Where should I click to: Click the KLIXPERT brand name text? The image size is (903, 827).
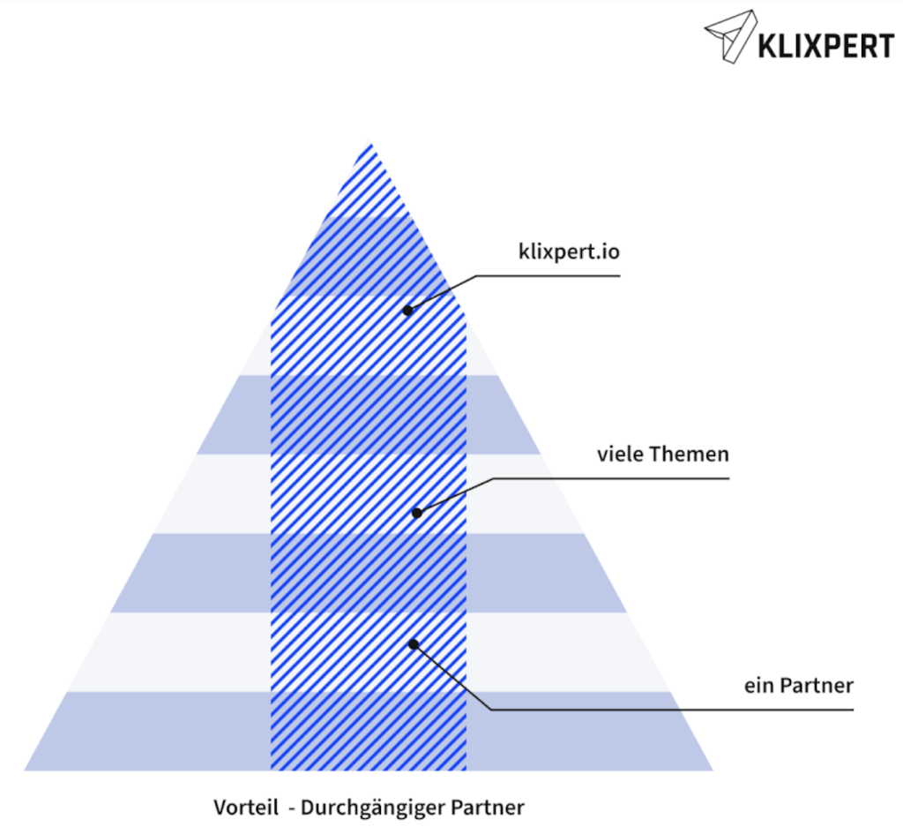(x=826, y=46)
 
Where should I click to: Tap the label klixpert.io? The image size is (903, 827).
(x=569, y=252)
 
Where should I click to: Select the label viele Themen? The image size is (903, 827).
(x=663, y=455)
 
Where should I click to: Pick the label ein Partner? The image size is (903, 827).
(x=799, y=686)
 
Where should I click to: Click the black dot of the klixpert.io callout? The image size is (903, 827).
(x=407, y=310)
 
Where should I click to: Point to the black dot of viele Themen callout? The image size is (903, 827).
(x=417, y=512)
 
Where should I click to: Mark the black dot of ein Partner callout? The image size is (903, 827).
(x=414, y=644)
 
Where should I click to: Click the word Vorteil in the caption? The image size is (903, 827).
(x=246, y=807)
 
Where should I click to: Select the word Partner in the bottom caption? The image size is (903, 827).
(x=487, y=807)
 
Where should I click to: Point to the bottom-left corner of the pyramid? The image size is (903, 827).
(x=24, y=770)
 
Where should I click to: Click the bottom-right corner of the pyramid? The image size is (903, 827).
(x=713, y=770)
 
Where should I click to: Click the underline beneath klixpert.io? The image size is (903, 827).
(x=549, y=276)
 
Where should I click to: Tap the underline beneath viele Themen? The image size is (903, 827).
(x=611, y=478)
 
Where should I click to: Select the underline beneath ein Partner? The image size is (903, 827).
(x=672, y=710)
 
